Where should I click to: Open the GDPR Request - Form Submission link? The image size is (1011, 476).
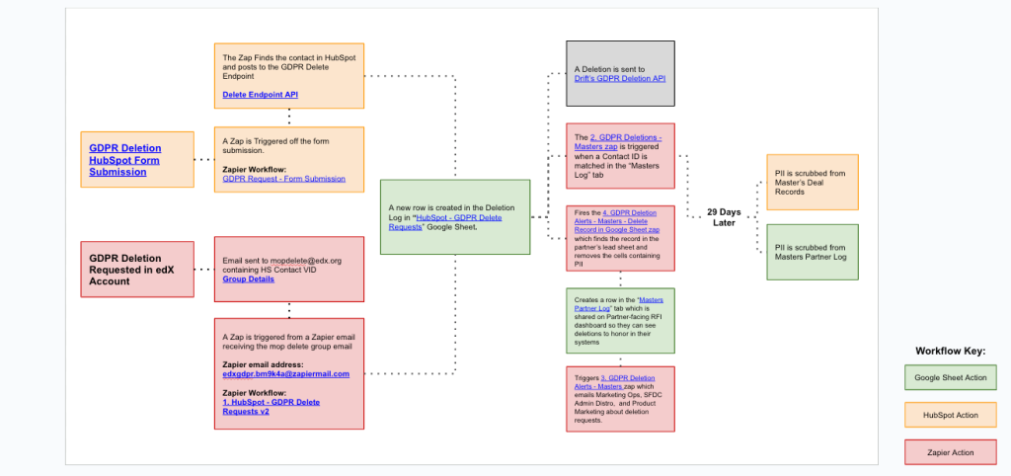[x=283, y=179]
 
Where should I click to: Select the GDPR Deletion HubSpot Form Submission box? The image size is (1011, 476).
[x=137, y=160]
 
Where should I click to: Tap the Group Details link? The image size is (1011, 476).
[x=248, y=279]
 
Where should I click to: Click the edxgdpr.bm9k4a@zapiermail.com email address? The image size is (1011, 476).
[x=286, y=374]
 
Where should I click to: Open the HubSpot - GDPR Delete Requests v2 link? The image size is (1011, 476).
[x=271, y=407]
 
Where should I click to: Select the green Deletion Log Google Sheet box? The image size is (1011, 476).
[x=455, y=216]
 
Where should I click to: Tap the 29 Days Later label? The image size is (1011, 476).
[x=724, y=217]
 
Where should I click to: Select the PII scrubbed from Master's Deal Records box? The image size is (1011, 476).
[x=812, y=182]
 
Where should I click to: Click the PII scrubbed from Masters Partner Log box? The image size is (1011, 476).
[x=812, y=253]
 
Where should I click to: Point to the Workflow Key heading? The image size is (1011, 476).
[x=950, y=351]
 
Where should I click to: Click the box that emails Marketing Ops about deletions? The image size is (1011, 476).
[x=620, y=399]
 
